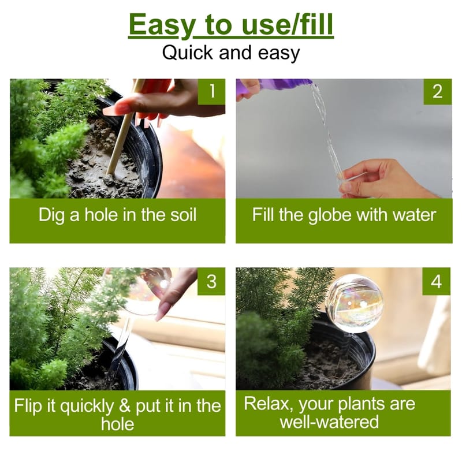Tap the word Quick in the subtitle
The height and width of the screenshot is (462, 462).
coord(187,53)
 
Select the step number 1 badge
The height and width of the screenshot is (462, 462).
coord(211,91)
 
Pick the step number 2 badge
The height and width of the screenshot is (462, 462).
coord(438,91)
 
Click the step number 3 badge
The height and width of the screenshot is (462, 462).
coord(211,281)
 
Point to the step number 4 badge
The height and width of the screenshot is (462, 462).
coord(437,281)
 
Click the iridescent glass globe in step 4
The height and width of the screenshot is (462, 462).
coord(355,304)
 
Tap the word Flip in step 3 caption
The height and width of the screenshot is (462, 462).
coord(28,406)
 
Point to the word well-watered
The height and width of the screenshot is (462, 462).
coord(329,422)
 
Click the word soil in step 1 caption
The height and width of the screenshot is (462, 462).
coord(183,215)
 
